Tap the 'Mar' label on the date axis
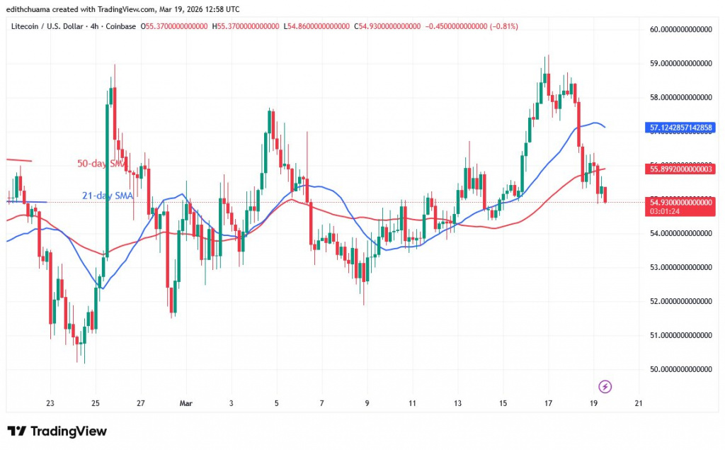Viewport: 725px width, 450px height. (185, 403)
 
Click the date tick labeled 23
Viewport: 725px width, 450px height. (50, 403)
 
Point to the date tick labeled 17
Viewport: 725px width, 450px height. (548, 403)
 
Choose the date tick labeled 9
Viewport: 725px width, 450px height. (367, 403)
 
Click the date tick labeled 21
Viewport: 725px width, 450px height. (639, 403)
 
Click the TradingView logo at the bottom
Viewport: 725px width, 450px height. (57, 431)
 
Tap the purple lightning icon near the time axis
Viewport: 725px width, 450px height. (605, 386)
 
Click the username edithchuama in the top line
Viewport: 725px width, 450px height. (27, 8)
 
